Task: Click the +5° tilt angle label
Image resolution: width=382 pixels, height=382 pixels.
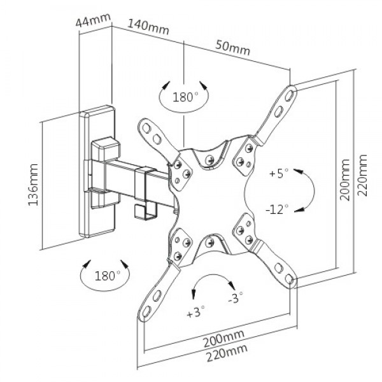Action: pyautogui.click(x=279, y=173)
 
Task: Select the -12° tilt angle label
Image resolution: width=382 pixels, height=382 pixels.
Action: pyautogui.click(x=278, y=208)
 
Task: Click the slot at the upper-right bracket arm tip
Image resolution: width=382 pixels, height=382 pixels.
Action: pyautogui.click(x=290, y=93)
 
